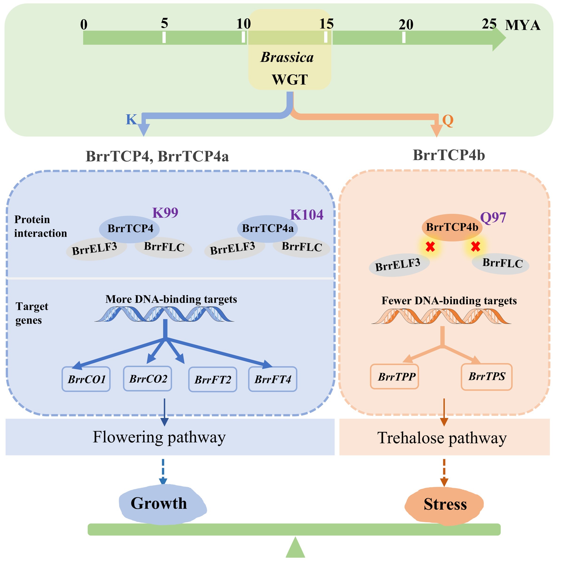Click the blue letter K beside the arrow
coord(131,119)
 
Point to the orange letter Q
coord(448,120)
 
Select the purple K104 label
coord(307,215)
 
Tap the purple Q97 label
coord(493,218)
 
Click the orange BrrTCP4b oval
coord(452,227)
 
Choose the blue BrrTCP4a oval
coord(268,229)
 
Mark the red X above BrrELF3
coord(430,247)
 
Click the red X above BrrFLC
coord(476,247)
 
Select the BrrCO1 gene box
coord(86,379)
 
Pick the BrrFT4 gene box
coord(273,379)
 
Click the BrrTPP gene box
coord(395,377)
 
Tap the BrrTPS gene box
coord(487,377)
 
